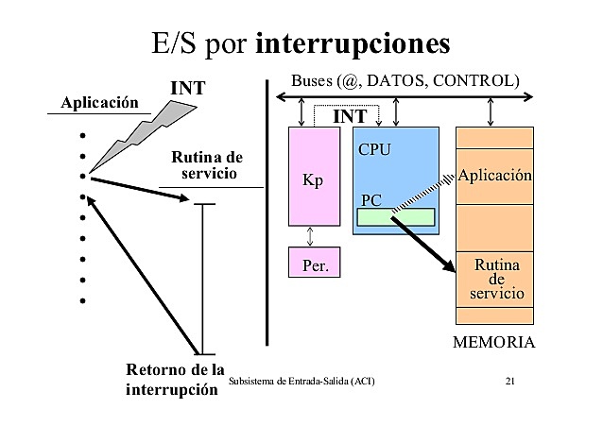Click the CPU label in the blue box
tap(374, 149)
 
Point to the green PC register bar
tap(395, 217)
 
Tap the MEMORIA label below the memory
tap(494, 342)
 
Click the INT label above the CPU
tap(351, 116)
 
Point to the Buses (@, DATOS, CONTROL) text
tap(405, 79)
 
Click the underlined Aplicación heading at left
tap(99, 102)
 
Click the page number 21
tap(510, 381)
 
